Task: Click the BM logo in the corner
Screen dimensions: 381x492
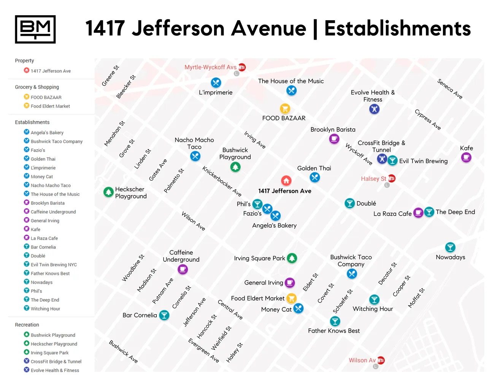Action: [35, 29]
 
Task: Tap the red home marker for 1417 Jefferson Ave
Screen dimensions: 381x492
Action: [286, 180]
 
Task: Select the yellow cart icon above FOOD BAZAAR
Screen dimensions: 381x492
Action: [285, 109]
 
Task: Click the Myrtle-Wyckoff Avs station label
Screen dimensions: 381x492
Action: [210, 67]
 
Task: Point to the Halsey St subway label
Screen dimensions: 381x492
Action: [373, 179]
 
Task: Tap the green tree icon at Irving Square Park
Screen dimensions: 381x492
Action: [292, 258]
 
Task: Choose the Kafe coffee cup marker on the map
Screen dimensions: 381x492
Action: [466, 157]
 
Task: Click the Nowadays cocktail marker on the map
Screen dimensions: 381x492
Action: [450, 247]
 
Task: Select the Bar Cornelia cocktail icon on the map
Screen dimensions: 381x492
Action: [164, 315]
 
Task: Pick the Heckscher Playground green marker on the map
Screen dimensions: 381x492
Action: [109, 192]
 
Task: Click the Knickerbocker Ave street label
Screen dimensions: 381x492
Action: [222, 181]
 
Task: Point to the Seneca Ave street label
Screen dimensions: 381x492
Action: [450, 89]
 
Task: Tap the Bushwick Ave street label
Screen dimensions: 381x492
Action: [123, 351]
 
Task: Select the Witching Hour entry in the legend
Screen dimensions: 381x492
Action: [45, 309]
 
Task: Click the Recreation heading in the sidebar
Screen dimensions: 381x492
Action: [27, 325]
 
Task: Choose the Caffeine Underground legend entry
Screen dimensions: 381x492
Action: [53, 212]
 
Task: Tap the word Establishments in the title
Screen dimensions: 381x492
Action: [397, 29]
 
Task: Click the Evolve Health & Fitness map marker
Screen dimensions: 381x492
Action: [375, 109]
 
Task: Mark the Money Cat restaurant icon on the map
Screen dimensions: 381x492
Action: [298, 308]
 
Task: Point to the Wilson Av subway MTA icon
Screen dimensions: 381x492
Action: [381, 360]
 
